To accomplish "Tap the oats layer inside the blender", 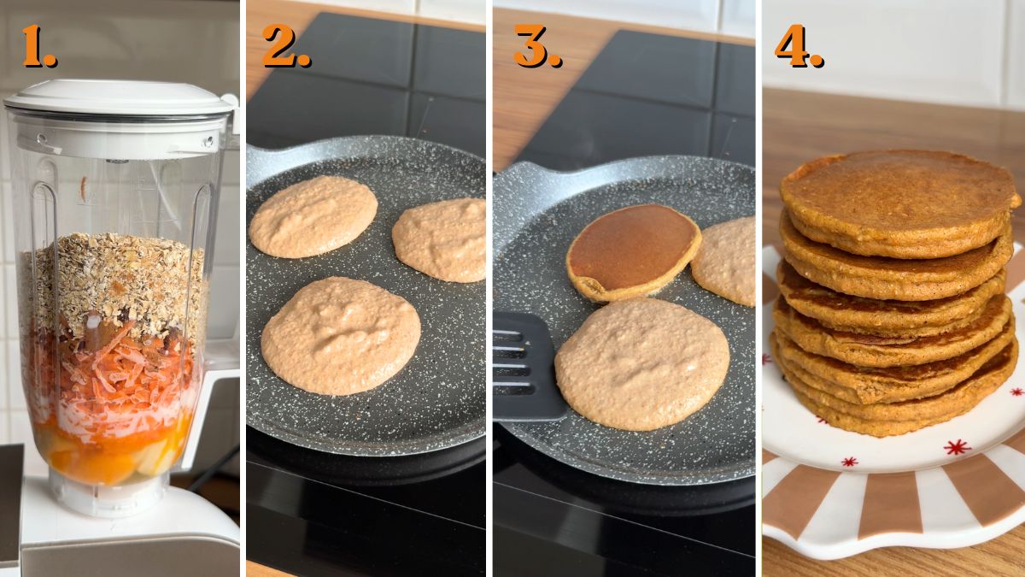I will (115, 282).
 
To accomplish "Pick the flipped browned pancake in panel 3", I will (632, 250).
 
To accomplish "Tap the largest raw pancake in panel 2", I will (340, 335).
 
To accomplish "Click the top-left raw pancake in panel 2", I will (313, 216).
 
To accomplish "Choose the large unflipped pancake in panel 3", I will (641, 363).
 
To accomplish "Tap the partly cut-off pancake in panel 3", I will (726, 261).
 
